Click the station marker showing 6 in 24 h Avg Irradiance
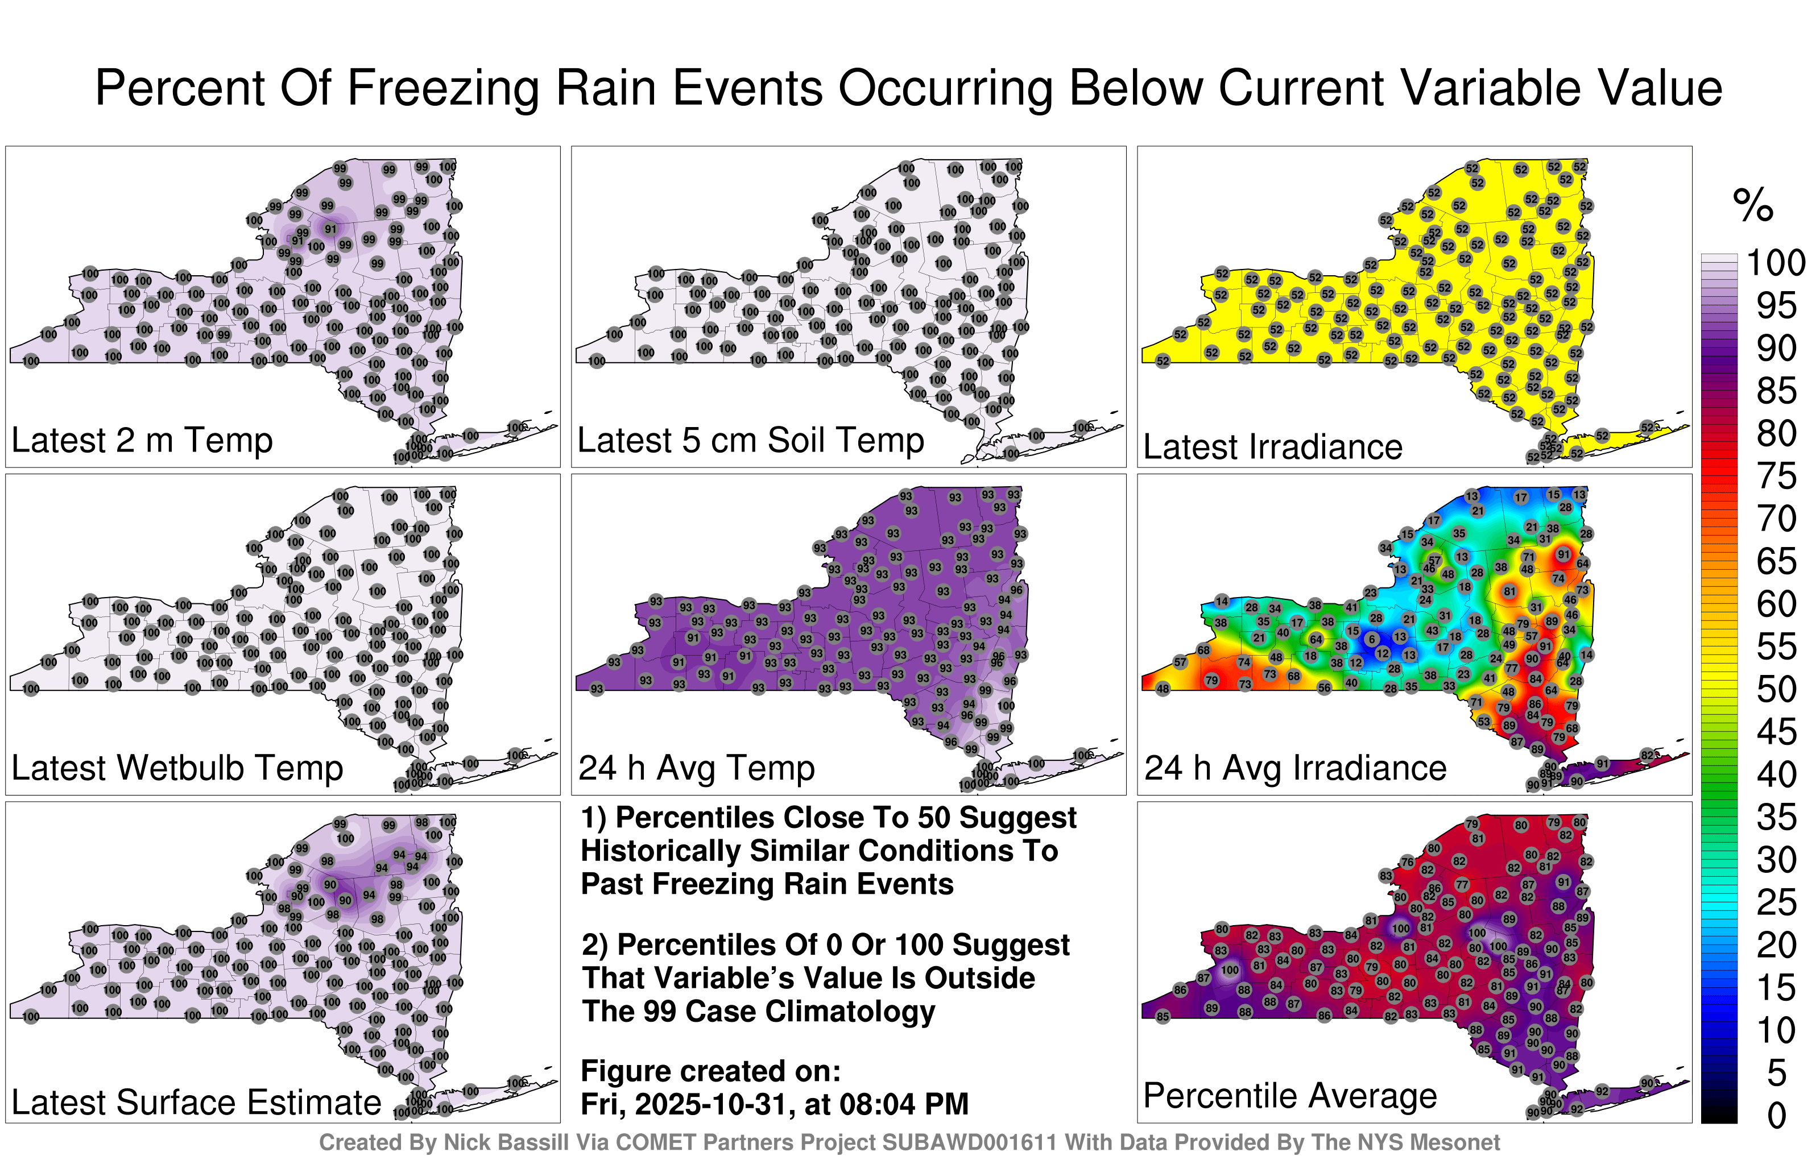(x=1371, y=639)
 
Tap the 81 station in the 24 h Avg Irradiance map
(x=1509, y=591)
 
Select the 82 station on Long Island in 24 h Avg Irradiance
(x=1648, y=755)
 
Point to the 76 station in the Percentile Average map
(x=1407, y=861)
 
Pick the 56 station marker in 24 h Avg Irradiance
(x=1324, y=687)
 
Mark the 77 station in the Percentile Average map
(x=1462, y=885)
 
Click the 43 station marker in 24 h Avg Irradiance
(x=1432, y=630)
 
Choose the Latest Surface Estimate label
(x=197, y=1103)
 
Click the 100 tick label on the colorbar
(x=1776, y=263)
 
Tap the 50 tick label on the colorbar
(x=1776, y=689)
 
